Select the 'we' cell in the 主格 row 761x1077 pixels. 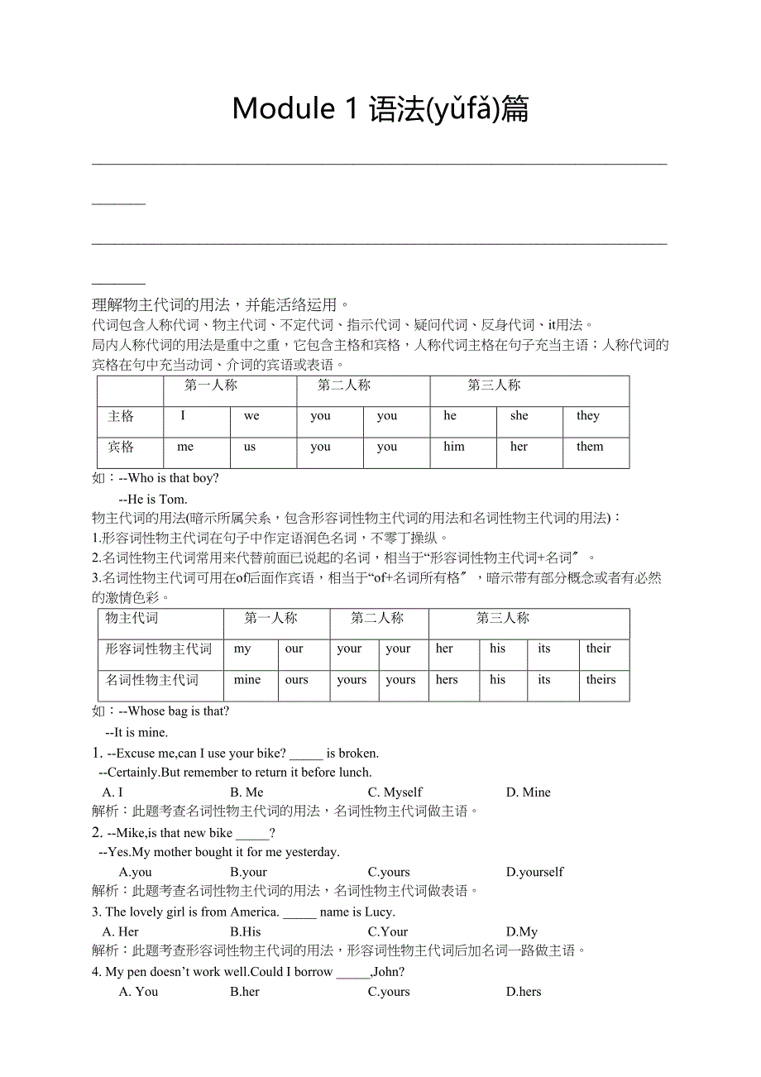pyautogui.click(x=251, y=416)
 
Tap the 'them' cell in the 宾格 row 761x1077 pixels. pyautogui.click(x=590, y=447)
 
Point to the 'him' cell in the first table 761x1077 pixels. pyautogui.click(x=454, y=447)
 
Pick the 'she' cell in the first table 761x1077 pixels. pyautogui.click(x=519, y=416)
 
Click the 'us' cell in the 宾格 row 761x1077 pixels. pyautogui.click(x=250, y=447)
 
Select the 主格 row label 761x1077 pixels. pyautogui.click(x=121, y=416)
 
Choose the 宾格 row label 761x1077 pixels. pyautogui.click(x=121, y=447)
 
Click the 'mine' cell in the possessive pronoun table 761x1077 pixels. pyautogui.click(x=247, y=680)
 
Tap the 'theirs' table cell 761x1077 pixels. pyautogui.click(x=601, y=680)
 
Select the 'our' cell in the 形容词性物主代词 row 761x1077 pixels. pyautogui.click(x=294, y=649)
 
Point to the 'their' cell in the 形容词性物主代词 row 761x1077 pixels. pyautogui.click(x=598, y=649)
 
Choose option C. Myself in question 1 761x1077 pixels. pyautogui.click(x=395, y=792)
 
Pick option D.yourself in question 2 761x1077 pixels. pyautogui.click(x=534, y=872)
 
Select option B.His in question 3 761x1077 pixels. pyautogui.click(x=246, y=931)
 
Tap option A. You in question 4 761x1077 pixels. pyautogui.click(x=138, y=992)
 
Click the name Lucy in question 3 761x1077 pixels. pyautogui.click(x=379, y=912)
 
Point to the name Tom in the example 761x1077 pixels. pyautogui.click(x=172, y=500)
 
